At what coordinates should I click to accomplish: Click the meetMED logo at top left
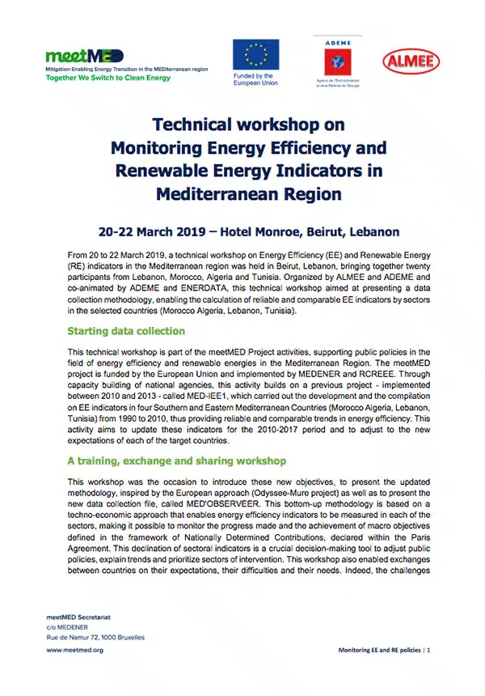click(x=85, y=56)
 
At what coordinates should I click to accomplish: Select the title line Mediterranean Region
click(x=248, y=194)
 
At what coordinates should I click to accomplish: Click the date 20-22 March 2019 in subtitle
click(x=152, y=231)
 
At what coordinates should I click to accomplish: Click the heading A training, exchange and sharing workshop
click(x=176, y=461)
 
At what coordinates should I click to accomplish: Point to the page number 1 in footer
click(x=428, y=650)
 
